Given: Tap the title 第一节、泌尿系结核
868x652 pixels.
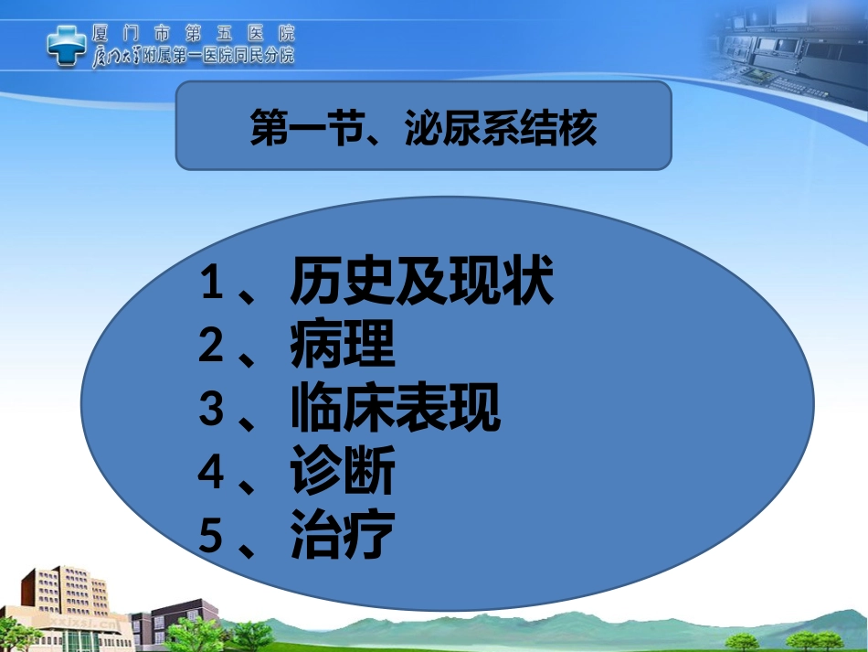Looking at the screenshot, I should click(423, 128).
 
